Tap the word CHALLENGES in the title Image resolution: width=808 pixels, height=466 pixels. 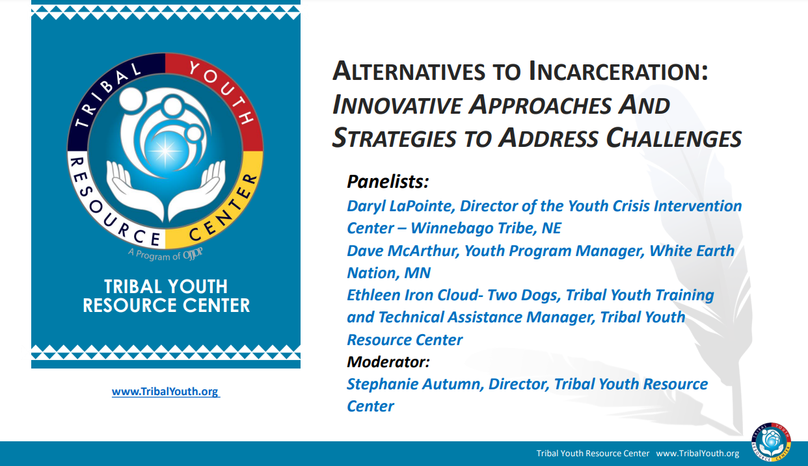tap(674, 138)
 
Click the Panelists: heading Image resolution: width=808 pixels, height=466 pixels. tap(388, 181)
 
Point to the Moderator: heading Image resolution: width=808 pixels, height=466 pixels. tap(388, 361)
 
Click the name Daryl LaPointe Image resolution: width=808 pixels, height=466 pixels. tap(401, 206)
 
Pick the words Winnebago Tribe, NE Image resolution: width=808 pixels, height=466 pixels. tap(486, 229)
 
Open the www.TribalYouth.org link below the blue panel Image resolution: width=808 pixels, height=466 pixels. tap(165, 392)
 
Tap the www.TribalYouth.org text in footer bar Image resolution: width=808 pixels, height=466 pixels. tap(697, 454)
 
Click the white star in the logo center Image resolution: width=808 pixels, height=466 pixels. tap(167, 151)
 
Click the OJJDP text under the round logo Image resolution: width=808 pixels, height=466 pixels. tap(194, 255)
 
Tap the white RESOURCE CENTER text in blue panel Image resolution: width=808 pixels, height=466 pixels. tap(166, 305)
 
